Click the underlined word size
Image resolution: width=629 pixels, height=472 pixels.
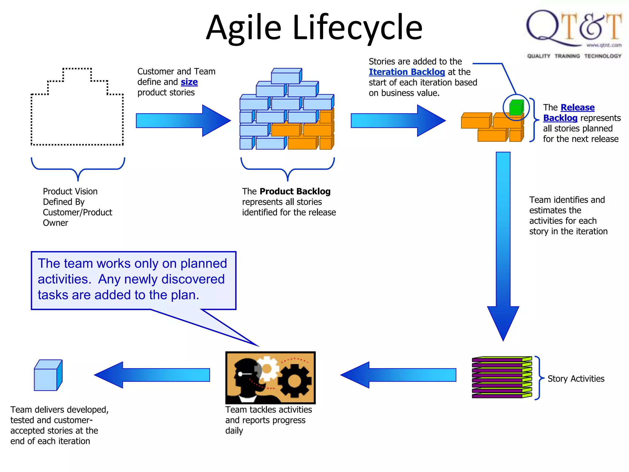(x=189, y=82)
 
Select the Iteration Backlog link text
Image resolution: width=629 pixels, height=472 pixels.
(x=407, y=72)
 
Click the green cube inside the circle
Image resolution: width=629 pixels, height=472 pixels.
(x=516, y=108)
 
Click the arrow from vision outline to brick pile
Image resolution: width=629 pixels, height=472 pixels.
(x=183, y=120)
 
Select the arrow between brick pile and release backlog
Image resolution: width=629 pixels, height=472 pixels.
(x=398, y=120)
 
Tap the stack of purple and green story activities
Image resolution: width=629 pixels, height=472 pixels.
(x=502, y=377)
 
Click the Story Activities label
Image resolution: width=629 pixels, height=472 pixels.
(x=576, y=379)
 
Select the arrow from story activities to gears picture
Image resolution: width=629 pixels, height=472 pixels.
(x=398, y=375)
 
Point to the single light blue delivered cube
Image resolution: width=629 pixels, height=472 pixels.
(x=48, y=376)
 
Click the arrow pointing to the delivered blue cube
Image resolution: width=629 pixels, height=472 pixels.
(x=152, y=375)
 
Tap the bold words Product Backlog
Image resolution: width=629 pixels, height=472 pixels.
(x=295, y=191)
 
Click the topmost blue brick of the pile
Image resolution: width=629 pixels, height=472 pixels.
(x=286, y=76)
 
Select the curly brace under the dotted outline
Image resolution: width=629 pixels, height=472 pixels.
(x=78, y=169)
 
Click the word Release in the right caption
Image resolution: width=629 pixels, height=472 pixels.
(x=577, y=108)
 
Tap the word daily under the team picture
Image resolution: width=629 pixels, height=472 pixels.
(x=234, y=431)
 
